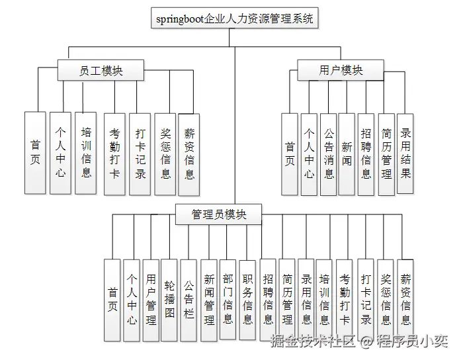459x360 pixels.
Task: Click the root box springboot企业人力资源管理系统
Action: [235, 19]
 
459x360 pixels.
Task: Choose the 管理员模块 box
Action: [219, 214]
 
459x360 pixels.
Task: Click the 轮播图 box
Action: [169, 299]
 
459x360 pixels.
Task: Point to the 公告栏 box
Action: [188, 299]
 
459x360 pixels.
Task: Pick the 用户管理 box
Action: [151, 299]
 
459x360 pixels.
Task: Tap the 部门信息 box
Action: [228, 300]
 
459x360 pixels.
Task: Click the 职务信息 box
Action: [247, 300]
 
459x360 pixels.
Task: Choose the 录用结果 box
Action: [405, 154]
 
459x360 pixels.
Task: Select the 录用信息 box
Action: [306, 300]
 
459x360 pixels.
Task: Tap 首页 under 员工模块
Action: [35, 154]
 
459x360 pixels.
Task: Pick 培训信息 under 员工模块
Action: [85, 154]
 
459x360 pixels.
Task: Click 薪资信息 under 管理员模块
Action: [405, 300]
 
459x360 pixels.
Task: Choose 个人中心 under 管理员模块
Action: [132, 300]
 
